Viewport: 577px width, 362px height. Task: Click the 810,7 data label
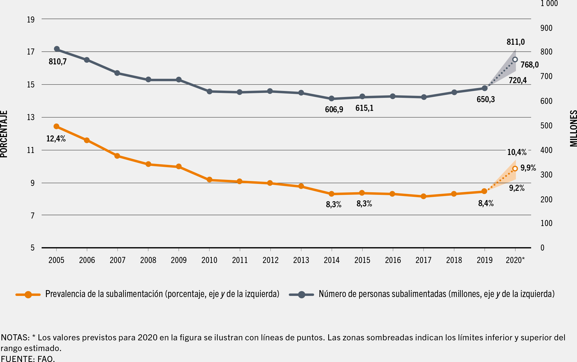point(57,61)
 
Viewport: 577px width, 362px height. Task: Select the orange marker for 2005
point(57,126)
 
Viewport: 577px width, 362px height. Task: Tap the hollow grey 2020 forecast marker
point(515,59)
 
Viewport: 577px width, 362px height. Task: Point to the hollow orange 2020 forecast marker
point(515,169)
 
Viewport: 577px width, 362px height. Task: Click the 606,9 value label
point(334,109)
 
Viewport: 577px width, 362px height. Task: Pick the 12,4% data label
point(56,139)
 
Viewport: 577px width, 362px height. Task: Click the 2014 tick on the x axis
point(332,260)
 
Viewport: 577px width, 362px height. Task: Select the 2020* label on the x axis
point(515,260)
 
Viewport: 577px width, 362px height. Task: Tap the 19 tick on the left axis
point(31,20)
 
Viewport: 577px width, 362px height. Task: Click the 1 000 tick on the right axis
point(549,3)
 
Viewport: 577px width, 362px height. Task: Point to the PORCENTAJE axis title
point(4,134)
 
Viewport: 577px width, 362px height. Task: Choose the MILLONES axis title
point(573,128)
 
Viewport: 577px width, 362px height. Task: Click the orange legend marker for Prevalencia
point(28,294)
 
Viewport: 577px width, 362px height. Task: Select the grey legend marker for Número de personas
point(301,294)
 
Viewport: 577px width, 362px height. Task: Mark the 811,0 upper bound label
point(515,42)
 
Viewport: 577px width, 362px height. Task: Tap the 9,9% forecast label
point(528,168)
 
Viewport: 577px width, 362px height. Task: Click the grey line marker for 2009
point(179,80)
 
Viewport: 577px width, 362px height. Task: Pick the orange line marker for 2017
point(424,196)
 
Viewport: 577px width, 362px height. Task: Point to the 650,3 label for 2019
point(486,99)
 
